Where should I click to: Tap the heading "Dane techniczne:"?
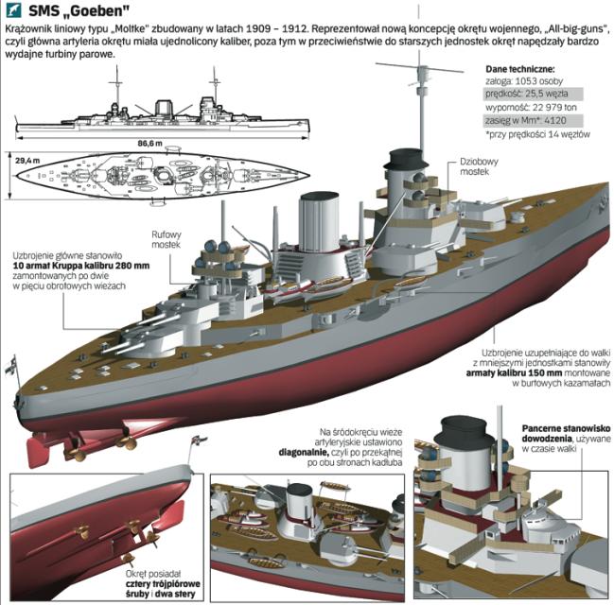click(519, 69)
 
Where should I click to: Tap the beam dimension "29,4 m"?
click(28, 162)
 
